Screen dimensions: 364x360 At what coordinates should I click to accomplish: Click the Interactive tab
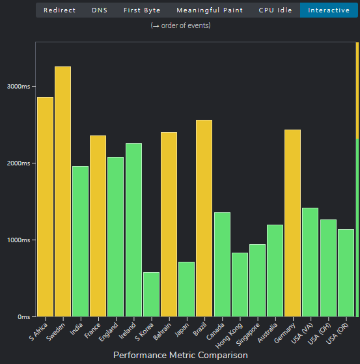coord(328,10)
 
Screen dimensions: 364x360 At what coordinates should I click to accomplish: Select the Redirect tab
coord(59,10)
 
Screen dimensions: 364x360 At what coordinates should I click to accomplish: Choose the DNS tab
coord(100,10)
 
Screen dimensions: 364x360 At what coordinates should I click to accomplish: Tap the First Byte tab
coord(141,10)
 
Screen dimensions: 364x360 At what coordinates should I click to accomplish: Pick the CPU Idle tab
coord(275,10)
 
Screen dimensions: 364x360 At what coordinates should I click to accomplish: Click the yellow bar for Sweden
coord(62,191)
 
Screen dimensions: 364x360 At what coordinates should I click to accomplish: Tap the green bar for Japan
coord(186,289)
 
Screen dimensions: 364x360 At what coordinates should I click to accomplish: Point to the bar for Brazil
coord(204,218)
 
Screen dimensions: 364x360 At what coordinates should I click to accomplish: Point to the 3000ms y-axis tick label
coord(18,87)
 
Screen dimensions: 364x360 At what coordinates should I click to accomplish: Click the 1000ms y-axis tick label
coord(18,240)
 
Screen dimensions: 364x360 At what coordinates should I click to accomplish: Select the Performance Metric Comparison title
coord(180,355)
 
